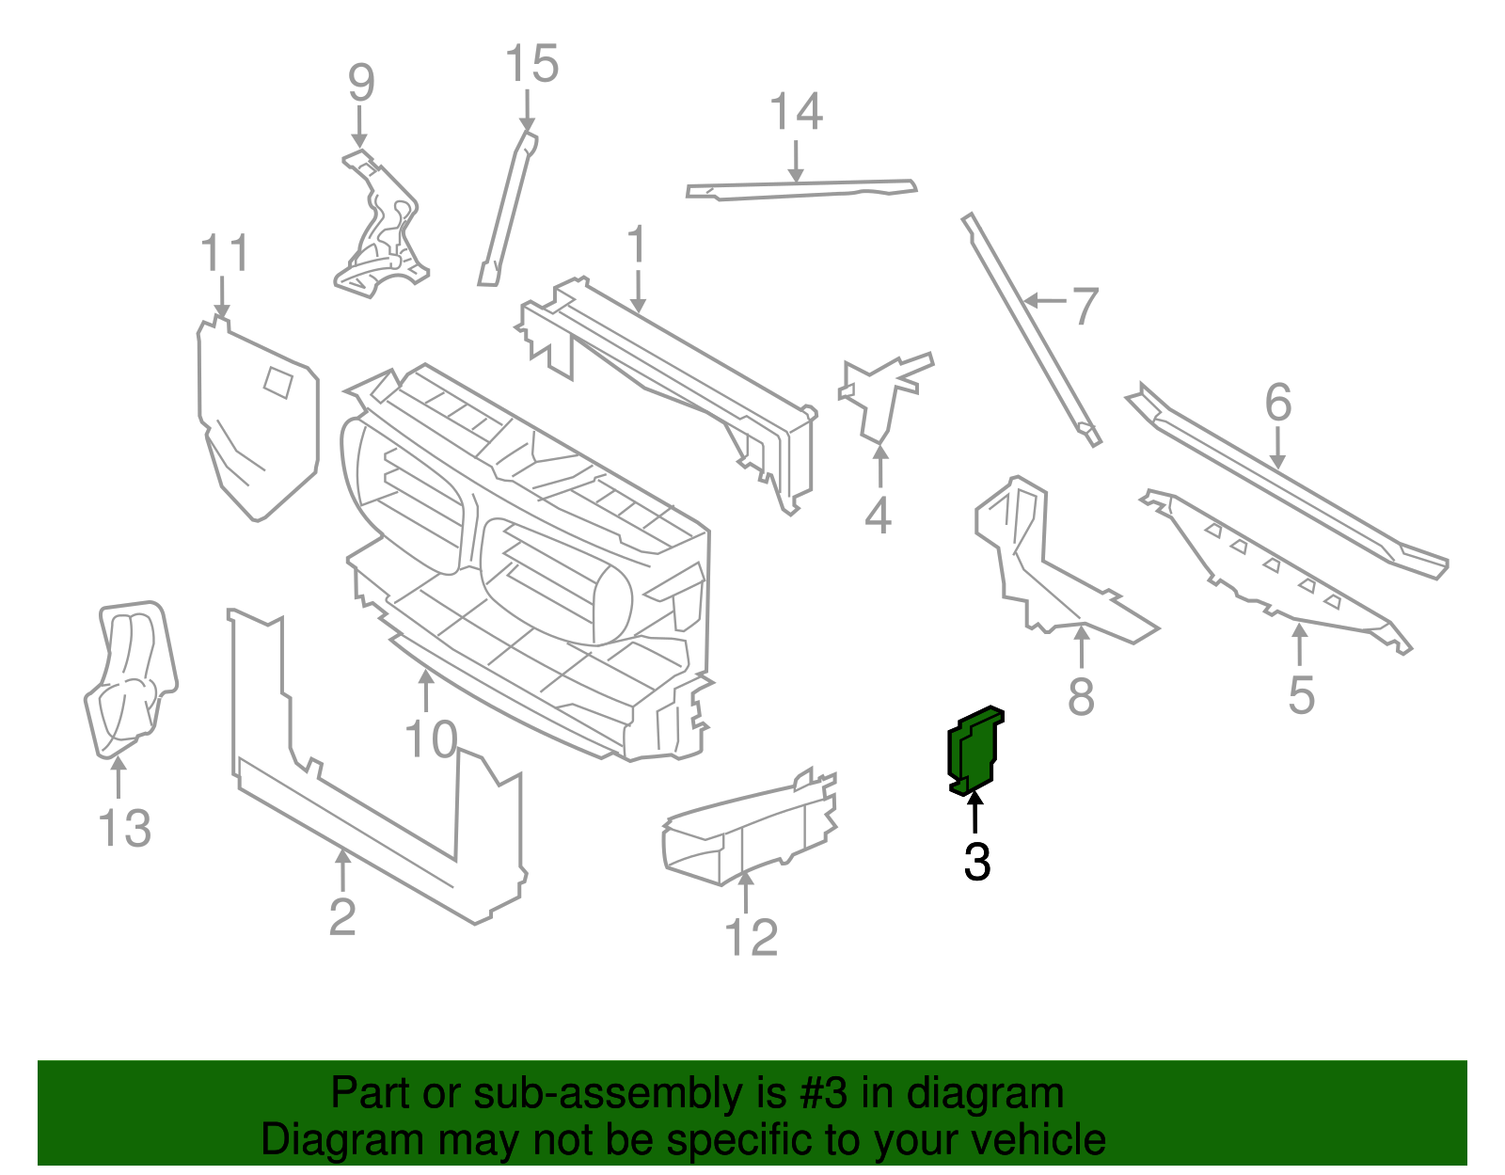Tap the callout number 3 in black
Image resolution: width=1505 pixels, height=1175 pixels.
(x=976, y=862)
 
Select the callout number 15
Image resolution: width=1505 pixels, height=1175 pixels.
(x=531, y=65)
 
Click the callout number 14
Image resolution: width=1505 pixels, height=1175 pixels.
(x=796, y=112)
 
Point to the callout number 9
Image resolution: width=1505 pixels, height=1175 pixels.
(x=361, y=84)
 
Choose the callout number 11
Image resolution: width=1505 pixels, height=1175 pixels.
(x=225, y=254)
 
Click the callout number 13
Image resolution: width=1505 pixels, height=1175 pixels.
(x=124, y=829)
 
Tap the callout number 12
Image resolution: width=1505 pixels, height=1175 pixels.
(x=751, y=938)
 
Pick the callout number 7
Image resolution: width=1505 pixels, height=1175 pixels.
(x=1085, y=307)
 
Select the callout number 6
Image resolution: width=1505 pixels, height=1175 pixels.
(x=1277, y=403)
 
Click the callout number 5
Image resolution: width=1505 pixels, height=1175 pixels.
(x=1301, y=695)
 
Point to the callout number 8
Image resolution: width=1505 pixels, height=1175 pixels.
(x=1081, y=697)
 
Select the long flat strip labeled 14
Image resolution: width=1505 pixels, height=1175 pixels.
(x=800, y=189)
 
